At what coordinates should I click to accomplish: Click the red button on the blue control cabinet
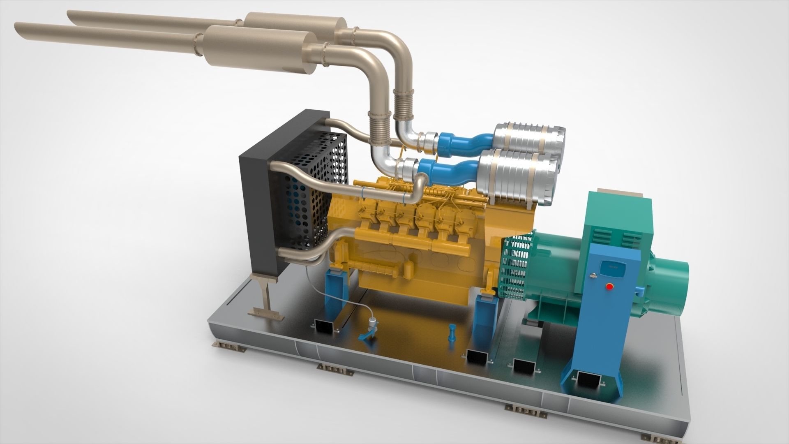[609, 287]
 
